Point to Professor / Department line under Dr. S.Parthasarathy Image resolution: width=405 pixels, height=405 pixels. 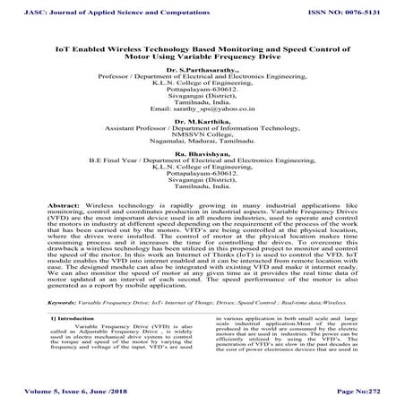[x=202, y=77]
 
